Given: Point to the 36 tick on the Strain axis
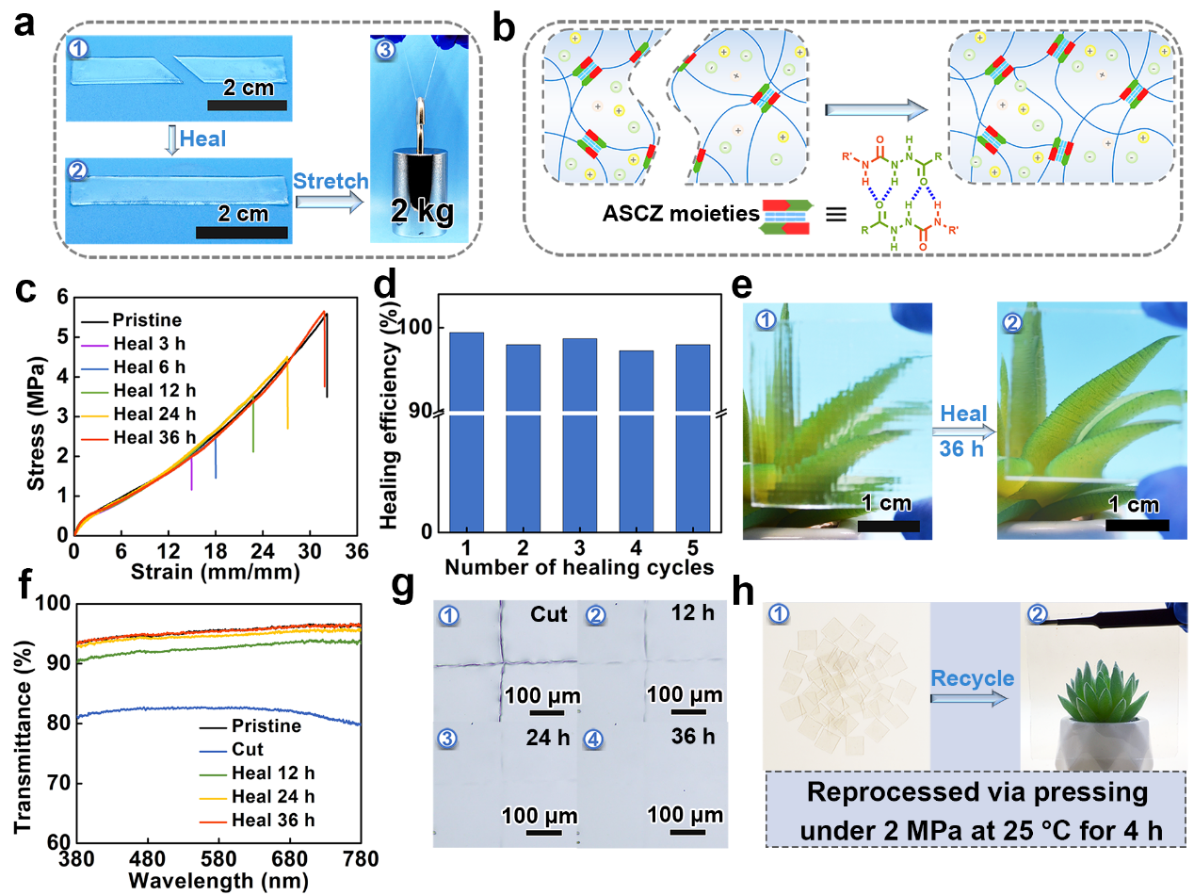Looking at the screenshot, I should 356,551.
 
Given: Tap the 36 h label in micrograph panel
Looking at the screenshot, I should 694,737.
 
